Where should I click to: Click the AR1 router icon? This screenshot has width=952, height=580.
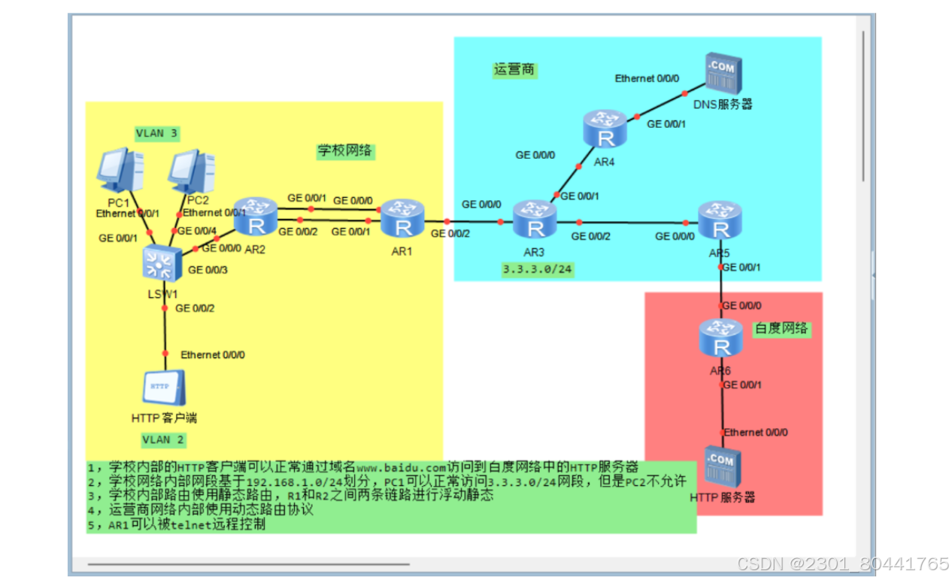pyautogui.click(x=402, y=217)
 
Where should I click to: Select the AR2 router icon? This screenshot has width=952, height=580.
pyautogui.click(x=256, y=216)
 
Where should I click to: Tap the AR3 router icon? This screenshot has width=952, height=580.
pyautogui.click(x=535, y=219)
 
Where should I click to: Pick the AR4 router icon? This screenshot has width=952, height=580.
pyautogui.click(x=605, y=129)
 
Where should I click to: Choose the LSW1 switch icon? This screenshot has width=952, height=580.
pyautogui.click(x=161, y=263)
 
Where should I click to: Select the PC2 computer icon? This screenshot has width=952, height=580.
pyautogui.click(x=191, y=172)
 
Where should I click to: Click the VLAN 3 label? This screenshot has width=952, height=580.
pyautogui.click(x=156, y=133)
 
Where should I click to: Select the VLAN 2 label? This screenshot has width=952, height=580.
pyautogui.click(x=163, y=439)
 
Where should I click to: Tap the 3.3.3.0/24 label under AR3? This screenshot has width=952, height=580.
pyautogui.click(x=537, y=269)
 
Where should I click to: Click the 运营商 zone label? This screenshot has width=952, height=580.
pyautogui.click(x=514, y=70)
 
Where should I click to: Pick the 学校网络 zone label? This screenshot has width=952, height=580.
pyautogui.click(x=344, y=150)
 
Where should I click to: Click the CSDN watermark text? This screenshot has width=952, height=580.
pyautogui.click(x=842, y=564)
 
